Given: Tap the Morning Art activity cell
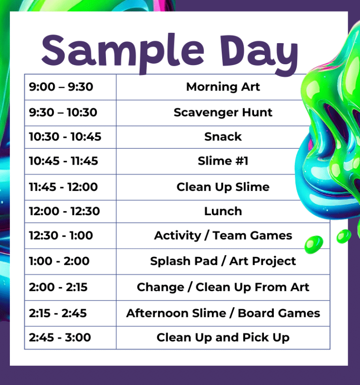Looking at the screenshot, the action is [x=223, y=87].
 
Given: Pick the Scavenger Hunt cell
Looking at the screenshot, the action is [x=223, y=113].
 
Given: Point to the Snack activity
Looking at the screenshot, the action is [x=223, y=136].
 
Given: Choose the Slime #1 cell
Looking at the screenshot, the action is [x=223, y=161].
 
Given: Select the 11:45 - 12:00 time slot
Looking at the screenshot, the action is [x=63, y=187].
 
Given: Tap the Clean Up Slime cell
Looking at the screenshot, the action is [x=223, y=187].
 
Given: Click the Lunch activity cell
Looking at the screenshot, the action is [x=223, y=211].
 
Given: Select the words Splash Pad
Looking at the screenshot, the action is [x=184, y=261].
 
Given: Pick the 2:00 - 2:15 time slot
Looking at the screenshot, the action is [x=58, y=287].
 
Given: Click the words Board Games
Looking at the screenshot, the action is [x=279, y=313].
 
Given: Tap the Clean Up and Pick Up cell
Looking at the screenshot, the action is [x=223, y=337].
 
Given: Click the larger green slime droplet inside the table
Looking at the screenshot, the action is [x=314, y=244].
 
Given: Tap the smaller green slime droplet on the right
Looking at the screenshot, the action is [x=344, y=236].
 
